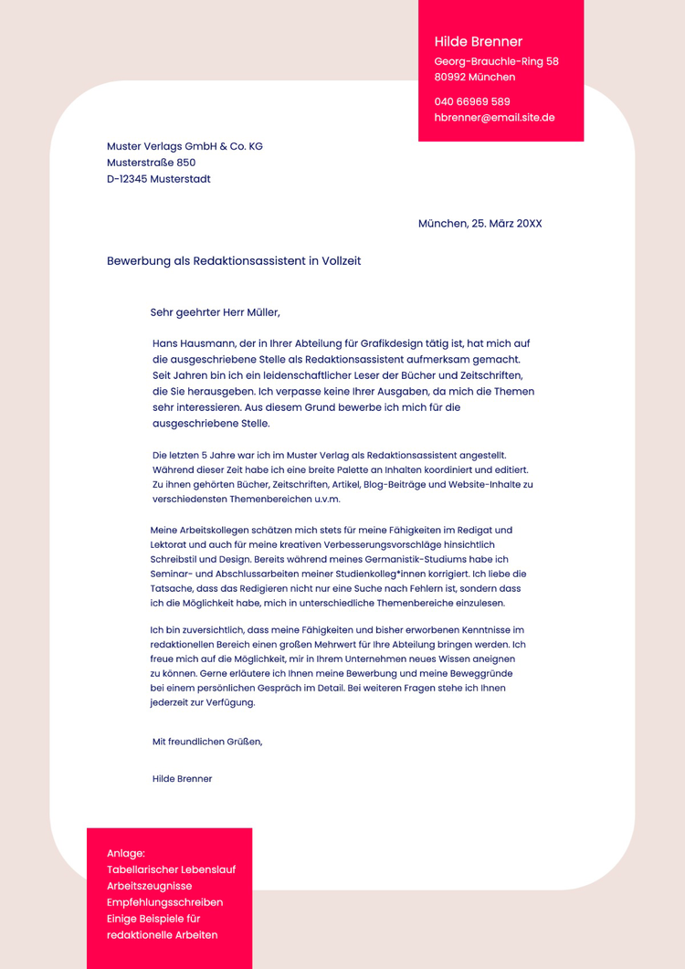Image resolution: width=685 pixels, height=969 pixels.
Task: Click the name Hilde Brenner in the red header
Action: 478,42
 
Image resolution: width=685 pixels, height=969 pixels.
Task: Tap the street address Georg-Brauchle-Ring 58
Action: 496,61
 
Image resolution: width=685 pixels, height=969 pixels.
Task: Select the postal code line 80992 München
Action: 474,78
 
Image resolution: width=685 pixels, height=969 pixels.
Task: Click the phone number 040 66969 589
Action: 472,101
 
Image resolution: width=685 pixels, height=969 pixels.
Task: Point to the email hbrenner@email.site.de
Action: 494,118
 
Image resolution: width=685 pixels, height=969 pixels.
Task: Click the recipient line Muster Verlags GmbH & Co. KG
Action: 184,146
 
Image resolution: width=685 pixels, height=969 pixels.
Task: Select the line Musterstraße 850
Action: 151,163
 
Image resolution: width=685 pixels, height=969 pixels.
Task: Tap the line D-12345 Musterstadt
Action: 158,179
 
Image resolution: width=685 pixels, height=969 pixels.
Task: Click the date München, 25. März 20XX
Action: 479,224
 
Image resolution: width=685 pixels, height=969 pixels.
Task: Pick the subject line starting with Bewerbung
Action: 234,261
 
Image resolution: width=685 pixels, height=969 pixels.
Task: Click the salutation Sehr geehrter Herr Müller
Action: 215,312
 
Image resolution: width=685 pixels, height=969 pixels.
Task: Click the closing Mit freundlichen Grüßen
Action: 207,742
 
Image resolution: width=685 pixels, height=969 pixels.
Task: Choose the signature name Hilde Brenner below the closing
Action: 183,779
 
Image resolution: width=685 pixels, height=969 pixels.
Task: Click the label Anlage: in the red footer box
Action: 126,853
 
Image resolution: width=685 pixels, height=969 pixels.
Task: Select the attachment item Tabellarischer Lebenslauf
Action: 171,869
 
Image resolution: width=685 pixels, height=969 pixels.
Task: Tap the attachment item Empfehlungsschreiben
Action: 164,902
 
